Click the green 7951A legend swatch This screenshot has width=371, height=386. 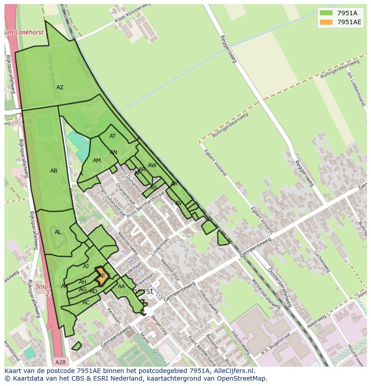click(x=326, y=13)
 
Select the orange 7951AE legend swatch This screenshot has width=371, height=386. click(x=326, y=22)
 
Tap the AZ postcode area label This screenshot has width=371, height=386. click(x=60, y=87)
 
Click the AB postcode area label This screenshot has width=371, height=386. click(x=54, y=171)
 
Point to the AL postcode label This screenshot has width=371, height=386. click(x=58, y=232)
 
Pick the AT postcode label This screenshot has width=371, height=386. click(x=112, y=136)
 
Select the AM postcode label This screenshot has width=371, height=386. click(x=97, y=160)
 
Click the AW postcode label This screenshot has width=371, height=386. click(x=152, y=165)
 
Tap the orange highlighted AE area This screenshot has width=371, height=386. click(x=102, y=276)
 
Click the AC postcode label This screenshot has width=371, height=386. click(x=86, y=303)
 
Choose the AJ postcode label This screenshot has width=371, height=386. click(x=86, y=266)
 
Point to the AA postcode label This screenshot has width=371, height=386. click(x=121, y=286)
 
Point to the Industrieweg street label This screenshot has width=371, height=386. click(x=208, y=301)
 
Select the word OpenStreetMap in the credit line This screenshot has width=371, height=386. click(x=242, y=378)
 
